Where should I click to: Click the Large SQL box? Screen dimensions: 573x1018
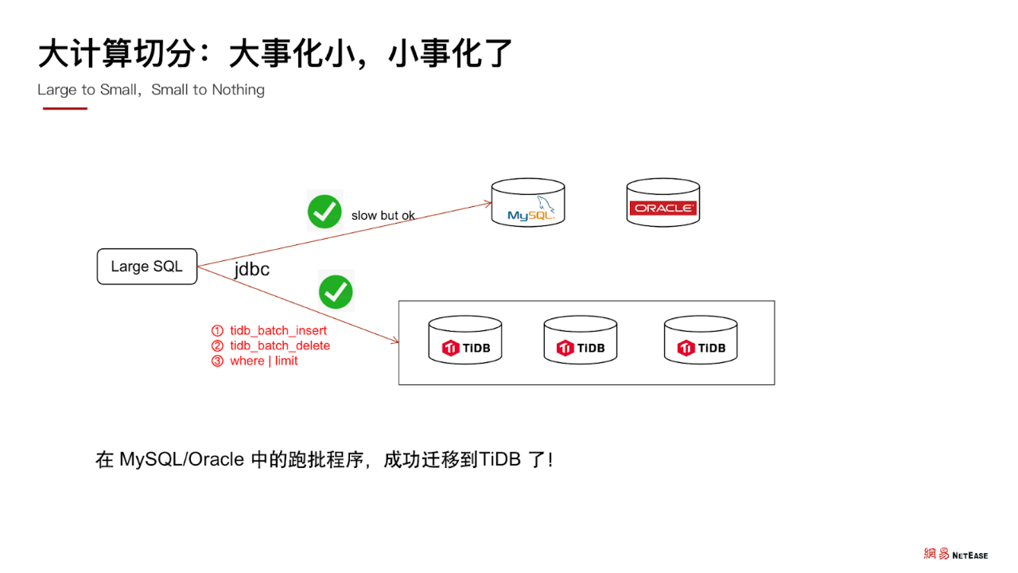point(146,267)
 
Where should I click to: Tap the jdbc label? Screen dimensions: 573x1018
point(251,270)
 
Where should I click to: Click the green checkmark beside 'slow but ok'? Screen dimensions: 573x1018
point(324,212)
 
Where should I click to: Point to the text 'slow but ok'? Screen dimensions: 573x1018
point(383,215)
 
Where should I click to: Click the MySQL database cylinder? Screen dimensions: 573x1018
point(528,203)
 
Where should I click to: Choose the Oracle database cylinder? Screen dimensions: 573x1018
point(662,203)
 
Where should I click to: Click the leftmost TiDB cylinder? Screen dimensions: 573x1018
point(464,341)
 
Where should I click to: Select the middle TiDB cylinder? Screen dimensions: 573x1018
point(580,341)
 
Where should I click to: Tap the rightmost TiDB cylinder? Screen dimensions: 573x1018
point(700,341)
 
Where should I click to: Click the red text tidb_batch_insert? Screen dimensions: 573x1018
point(278,330)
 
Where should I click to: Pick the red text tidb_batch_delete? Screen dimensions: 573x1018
point(280,345)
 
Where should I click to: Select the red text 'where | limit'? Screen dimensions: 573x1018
point(264,361)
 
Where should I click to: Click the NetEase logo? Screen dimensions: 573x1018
point(955,554)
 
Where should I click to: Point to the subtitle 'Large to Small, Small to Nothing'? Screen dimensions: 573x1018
point(151,90)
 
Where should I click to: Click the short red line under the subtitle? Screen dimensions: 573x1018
point(64,108)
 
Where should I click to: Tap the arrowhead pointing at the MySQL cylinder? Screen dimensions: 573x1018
point(488,204)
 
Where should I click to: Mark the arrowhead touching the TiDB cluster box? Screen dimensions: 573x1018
point(394,342)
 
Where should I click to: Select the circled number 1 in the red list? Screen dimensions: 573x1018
point(217,330)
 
